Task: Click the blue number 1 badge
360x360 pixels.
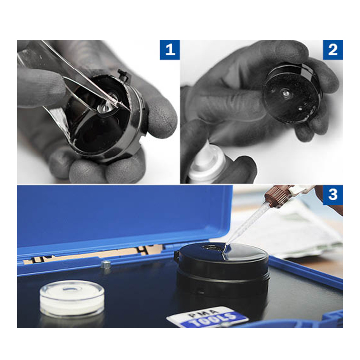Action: pos(170,50)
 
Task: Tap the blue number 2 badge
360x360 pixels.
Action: pos(332,50)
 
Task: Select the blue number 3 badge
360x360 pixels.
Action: pos(332,195)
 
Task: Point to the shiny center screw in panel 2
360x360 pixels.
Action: pos(285,93)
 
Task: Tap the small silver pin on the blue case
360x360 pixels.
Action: pos(105,264)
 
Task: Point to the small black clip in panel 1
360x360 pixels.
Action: pos(123,75)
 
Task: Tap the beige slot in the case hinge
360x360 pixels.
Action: pos(94,254)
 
